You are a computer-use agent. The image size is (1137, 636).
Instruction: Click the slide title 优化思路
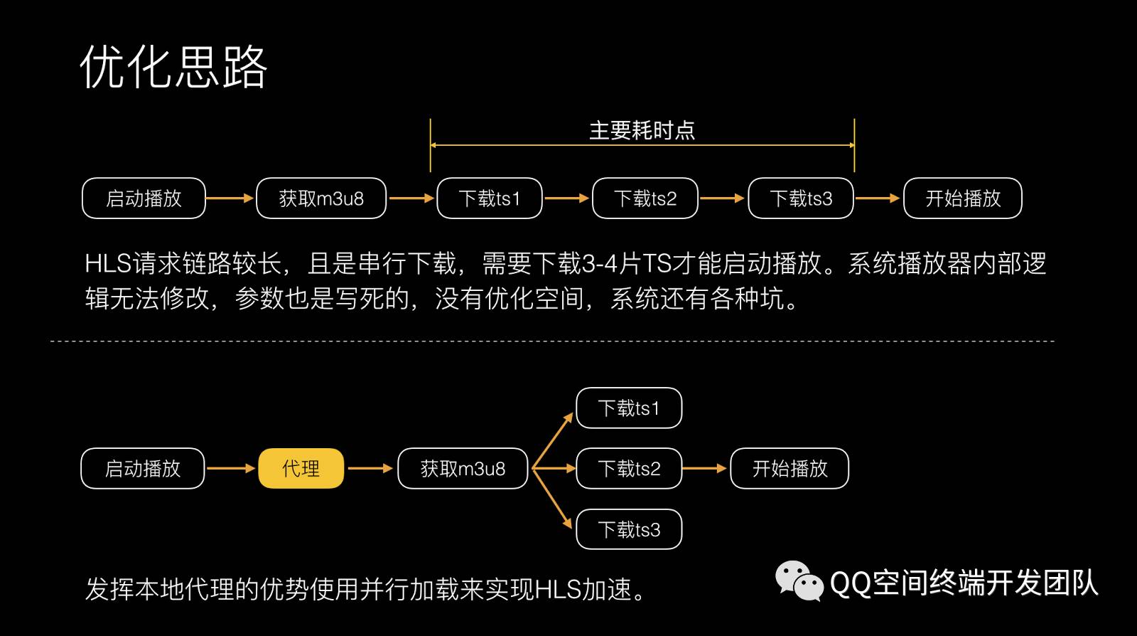(x=173, y=67)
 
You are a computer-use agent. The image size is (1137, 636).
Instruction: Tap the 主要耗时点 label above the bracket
(x=642, y=130)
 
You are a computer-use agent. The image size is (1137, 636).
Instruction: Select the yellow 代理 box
(x=301, y=468)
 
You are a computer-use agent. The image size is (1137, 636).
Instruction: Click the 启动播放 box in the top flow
(x=144, y=198)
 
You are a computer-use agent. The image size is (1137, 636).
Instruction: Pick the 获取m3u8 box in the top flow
(x=321, y=198)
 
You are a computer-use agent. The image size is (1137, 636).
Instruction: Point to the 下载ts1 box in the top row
(x=490, y=198)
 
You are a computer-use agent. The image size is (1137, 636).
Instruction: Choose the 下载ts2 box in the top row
(x=645, y=198)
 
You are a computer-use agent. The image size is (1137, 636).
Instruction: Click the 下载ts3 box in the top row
(x=801, y=198)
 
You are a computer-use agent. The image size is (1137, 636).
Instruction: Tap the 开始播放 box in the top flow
(x=963, y=198)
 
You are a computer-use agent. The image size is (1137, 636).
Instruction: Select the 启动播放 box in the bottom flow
(x=143, y=468)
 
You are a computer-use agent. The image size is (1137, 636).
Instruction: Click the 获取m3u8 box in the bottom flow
(x=463, y=468)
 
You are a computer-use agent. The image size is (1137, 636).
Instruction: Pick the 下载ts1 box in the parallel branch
(x=629, y=408)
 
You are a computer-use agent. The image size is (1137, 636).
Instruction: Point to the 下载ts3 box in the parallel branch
(x=629, y=529)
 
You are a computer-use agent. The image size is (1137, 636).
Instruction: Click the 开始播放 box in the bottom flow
(x=790, y=468)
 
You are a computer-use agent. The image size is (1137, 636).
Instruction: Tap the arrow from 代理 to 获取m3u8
(x=370, y=468)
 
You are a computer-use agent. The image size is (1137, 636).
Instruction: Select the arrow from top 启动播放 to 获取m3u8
(x=230, y=198)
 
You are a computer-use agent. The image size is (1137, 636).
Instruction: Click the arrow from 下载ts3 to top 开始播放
(x=878, y=198)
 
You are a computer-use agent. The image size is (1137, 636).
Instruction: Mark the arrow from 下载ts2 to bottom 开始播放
(x=705, y=468)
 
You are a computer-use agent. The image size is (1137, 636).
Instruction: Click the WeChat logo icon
(x=799, y=581)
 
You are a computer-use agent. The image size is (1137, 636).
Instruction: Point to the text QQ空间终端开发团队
(x=964, y=583)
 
